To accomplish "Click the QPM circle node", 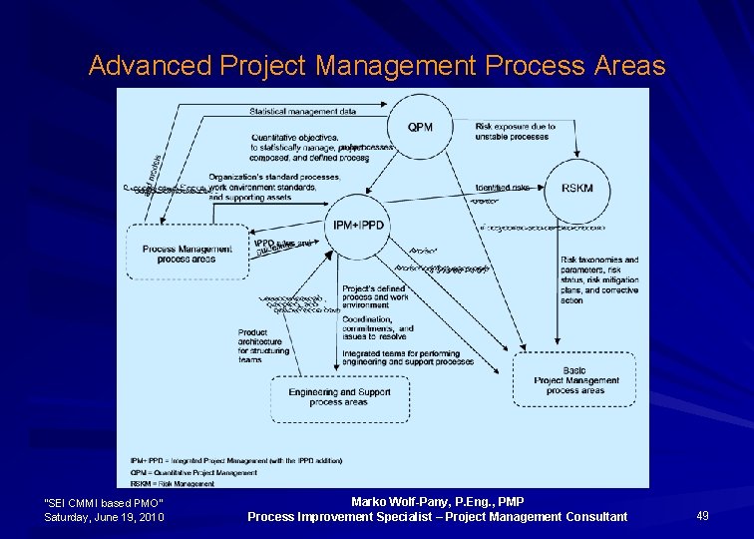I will [420, 127].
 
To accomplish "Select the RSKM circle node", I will [576, 188].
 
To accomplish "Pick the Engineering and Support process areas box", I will [339, 397].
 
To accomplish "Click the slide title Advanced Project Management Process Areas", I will [376, 66].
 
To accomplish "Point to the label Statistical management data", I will [302, 111].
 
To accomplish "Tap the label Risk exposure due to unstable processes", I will [515, 132].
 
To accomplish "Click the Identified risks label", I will [502, 187].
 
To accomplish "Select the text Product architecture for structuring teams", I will [263, 345].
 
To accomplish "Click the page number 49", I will [702, 515].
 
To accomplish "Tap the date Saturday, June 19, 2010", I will [105, 517].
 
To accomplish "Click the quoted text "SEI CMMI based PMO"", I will [105, 502].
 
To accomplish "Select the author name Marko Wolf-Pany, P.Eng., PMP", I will [438, 501].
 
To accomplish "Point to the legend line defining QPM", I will [193, 472].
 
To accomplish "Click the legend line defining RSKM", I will [173, 484].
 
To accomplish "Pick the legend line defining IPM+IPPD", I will [236, 460].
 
